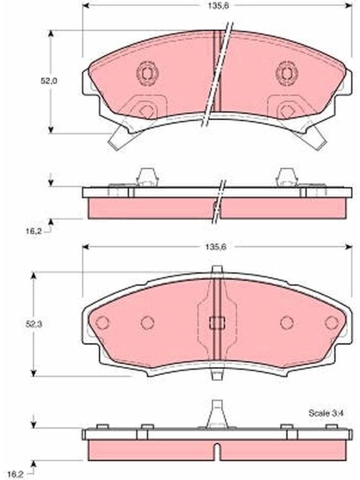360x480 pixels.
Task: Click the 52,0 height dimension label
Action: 49,81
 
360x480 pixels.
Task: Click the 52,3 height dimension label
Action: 34,325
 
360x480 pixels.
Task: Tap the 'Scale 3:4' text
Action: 326,413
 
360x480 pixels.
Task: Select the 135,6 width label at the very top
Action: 218,6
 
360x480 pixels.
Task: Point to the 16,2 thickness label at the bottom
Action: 16,475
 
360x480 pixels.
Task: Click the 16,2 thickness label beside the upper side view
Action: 34,232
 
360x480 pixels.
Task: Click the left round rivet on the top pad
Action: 147,73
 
